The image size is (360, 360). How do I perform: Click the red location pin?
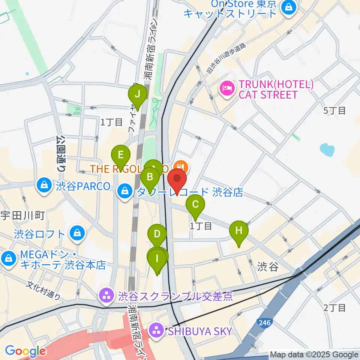(x=177, y=180)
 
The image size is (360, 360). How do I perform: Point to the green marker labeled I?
(x=157, y=259)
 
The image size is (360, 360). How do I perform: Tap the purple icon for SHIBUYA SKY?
(x=156, y=331)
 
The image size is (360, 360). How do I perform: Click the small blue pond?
(x=327, y=150)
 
